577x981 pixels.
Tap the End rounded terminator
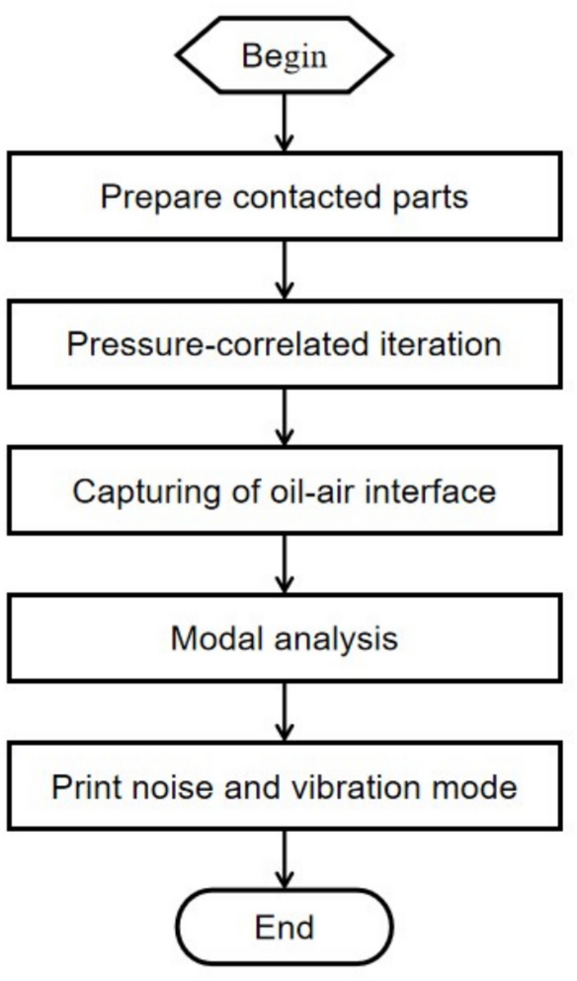pos(284,927)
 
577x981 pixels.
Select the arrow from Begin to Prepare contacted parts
pos(284,124)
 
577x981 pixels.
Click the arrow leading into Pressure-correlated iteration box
pos(284,269)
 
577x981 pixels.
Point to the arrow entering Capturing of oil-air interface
pos(284,416)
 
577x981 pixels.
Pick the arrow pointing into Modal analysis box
pos(284,563)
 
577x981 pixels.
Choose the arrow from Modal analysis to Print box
pos(284,710)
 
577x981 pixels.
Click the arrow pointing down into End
pos(284,857)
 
